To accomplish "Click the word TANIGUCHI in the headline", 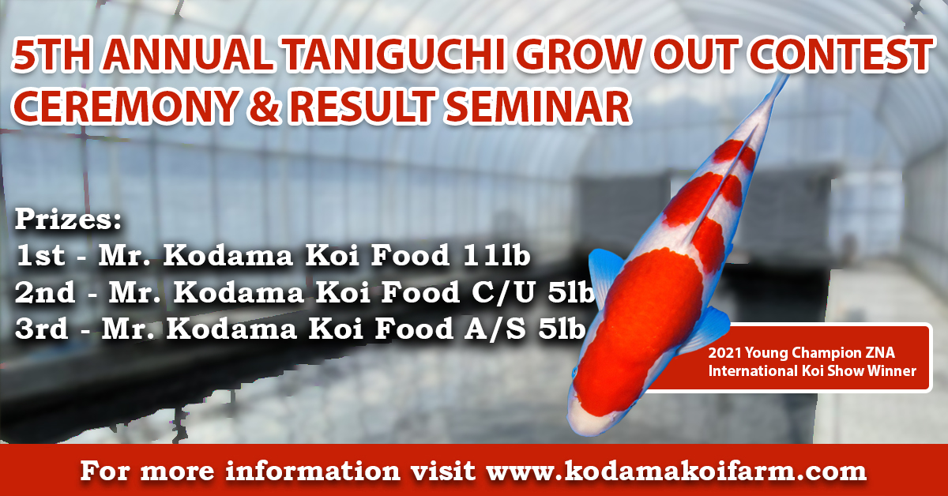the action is pyautogui.click(x=393, y=55).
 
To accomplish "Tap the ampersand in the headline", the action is pyautogui.click(x=264, y=106).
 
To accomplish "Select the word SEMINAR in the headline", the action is pyautogui.click(x=536, y=106).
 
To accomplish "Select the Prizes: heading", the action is pyautogui.click(x=68, y=220).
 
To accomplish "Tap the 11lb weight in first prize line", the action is pyautogui.click(x=496, y=255).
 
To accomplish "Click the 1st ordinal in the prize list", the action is pyautogui.click(x=40, y=255).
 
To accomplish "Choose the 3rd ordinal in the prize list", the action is pyautogui.click(x=41, y=329).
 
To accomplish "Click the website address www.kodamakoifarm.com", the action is pyautogui.click(x=676, y=472).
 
